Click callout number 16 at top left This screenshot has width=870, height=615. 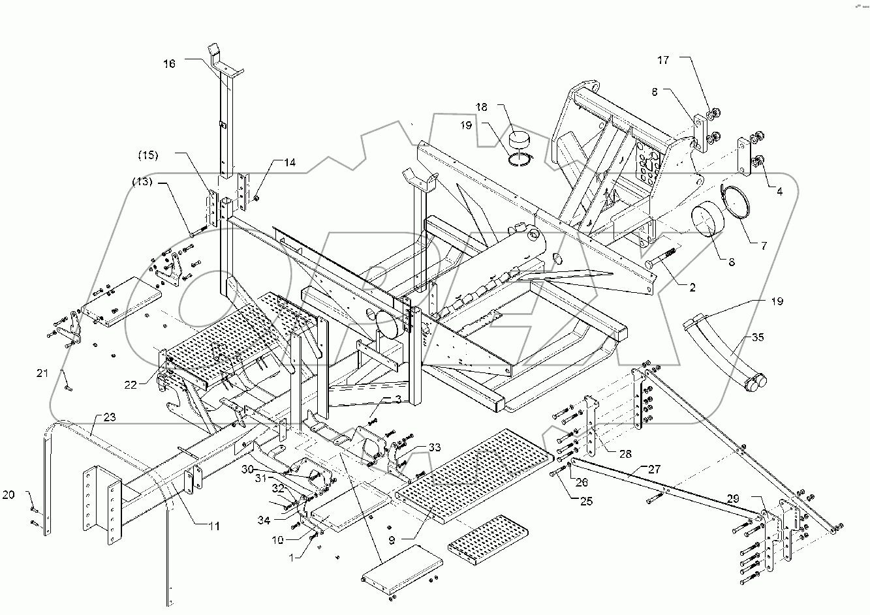169,64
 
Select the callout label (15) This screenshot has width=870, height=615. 148,155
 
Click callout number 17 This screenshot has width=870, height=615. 663,60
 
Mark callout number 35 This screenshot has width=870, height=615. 756,338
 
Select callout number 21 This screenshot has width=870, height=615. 42,373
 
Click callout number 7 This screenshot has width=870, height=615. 763,246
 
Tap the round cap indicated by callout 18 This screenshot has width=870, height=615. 521,141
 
